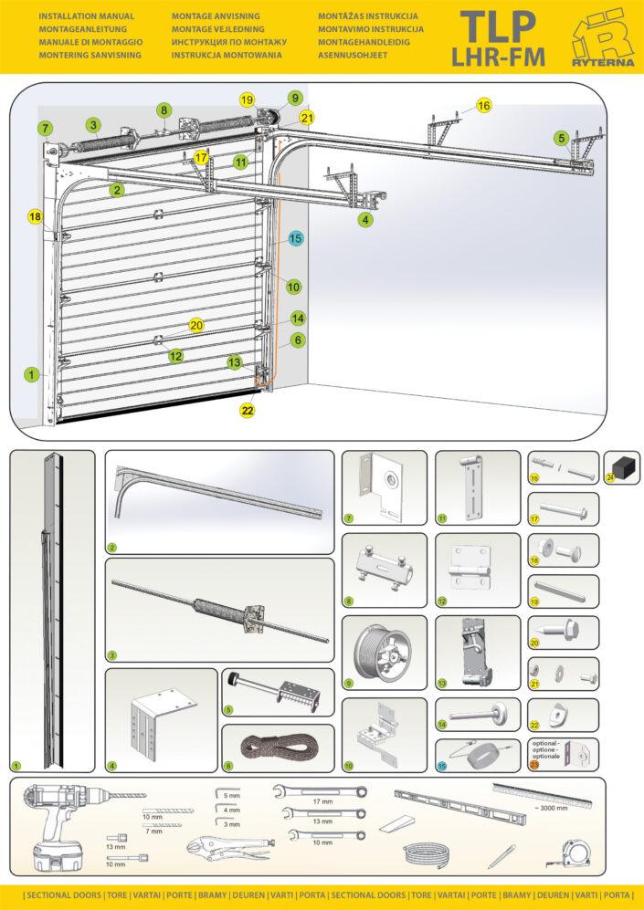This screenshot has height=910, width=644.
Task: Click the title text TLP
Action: click(498, 26)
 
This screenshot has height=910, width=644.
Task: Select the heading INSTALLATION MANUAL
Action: click(86, 16)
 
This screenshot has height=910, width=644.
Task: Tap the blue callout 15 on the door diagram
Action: click(295, 238)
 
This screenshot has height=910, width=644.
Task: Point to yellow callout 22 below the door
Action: click(248, 411)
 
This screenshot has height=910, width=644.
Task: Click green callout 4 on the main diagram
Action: click(365, 220)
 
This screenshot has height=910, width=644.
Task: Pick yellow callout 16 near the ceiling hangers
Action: click(483, 106)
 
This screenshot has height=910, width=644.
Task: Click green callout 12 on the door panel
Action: click(175, 356)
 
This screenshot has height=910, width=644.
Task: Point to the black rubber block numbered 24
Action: click(626, 467)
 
